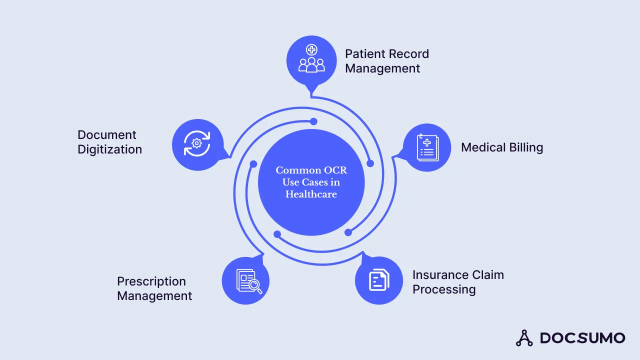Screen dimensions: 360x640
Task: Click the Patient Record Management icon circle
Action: click(311, 60)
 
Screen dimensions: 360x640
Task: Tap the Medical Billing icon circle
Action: click(427, 148)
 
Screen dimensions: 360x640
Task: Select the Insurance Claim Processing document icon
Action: click(379, 280)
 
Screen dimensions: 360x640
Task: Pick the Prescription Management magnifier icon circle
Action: click(246, 281)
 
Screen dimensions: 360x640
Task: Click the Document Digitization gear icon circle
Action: click(196, 144)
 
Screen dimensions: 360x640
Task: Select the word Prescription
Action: click(151, 281)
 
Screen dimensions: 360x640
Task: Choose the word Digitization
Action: click(109, 149)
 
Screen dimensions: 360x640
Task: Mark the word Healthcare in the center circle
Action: click(311, 194)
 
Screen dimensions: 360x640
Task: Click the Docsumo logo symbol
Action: click(524, 338)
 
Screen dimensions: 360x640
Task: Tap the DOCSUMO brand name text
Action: click(582, 338)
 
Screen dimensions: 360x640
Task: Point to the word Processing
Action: click(443, 289)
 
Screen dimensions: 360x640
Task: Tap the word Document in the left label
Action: click(106, 135)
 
